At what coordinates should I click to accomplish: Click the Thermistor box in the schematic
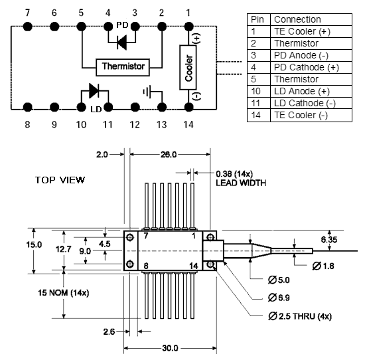tap(123, 67)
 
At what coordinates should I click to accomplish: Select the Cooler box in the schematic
tap(188, 67)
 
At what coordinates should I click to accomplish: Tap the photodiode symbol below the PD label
tap(121, 43)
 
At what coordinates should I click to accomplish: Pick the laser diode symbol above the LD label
tap(94, 90)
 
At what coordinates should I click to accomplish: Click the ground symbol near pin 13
tap(147, 92)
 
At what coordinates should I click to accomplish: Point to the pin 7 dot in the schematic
tap(27, 27)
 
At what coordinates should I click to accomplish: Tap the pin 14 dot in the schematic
tap(188, 107)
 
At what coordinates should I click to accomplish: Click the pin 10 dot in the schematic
tap(81, 107)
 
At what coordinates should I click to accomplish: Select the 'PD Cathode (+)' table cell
tap(311, 67)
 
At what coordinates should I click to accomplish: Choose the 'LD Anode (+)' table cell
tap(311, 92)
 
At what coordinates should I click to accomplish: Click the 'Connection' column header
tap(311, 19)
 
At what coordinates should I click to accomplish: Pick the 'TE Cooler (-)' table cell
tap(311, 116)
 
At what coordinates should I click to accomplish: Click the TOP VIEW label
tap(60, 180)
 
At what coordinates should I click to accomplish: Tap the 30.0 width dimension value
tap(170, 348)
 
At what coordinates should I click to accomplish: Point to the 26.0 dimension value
tap(169, 155)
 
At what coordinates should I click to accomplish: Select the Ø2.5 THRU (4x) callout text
tap(300, 316)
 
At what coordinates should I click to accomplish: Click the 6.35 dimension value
tap(329, 240)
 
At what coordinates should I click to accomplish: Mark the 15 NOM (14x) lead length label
tap(64, 293)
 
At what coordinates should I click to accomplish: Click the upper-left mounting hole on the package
tap(129, 238)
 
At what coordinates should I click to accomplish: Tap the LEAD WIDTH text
tap(241, 183)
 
